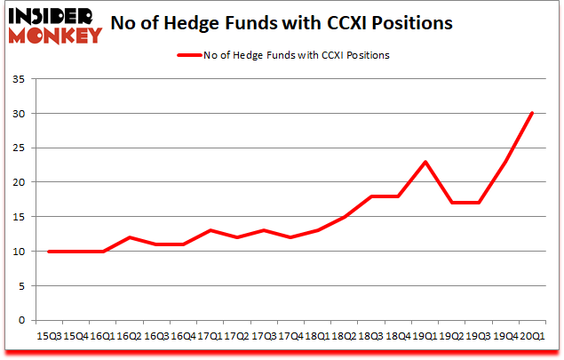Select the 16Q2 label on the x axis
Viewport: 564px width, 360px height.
click(129, 336)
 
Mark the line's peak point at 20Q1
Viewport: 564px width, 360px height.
click(533, 113)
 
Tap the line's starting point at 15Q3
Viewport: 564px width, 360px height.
click(49, 252)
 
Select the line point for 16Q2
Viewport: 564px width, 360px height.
click(129, 237)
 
